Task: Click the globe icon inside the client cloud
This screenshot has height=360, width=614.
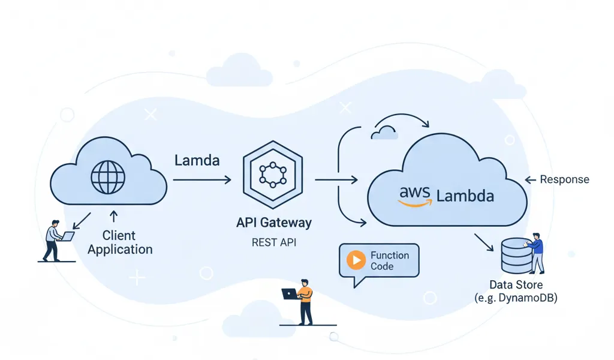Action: click(108, 176)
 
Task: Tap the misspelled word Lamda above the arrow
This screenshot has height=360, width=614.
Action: click(197, 160)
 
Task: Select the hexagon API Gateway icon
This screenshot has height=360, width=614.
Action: click(272, 173)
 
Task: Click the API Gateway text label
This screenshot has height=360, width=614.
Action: click(273, 223)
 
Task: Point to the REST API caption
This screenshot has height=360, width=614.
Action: click(273, 243)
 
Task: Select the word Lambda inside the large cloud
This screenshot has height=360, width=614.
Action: click(465, 196)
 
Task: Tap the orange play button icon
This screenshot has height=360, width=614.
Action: click(357, 260)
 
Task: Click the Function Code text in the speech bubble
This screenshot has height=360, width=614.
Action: click(389, 260)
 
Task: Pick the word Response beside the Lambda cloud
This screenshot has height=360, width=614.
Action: click(564, 179)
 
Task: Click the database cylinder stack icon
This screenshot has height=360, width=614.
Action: click(516, 254)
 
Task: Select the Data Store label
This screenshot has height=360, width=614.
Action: click(516, 285)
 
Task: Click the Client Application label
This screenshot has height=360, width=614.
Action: click(119, 242)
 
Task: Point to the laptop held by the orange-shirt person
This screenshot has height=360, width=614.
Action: click(290, 294)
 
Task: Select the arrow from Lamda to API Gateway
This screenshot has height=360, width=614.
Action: click(201, 179)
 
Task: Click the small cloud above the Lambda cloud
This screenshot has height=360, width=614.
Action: click(384, 133)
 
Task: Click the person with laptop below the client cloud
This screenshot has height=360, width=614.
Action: click(55, 240)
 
